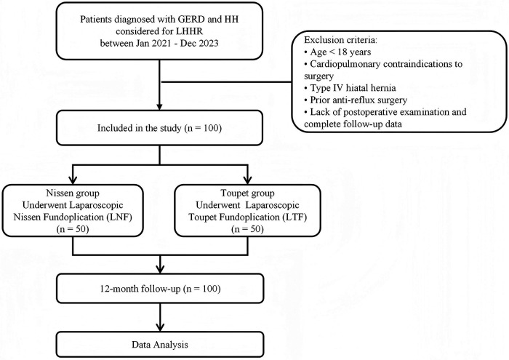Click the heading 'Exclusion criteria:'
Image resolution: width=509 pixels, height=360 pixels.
pos(340,40)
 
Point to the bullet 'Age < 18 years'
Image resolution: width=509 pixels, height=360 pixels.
pos(337,52)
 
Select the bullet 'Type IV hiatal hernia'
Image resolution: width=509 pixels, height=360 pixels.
pos(350,88)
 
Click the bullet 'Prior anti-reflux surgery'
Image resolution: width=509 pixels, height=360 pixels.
pos(356,100)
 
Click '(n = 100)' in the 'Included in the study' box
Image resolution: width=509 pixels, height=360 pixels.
pos(203,128)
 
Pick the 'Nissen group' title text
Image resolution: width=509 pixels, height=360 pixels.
pos(73,193)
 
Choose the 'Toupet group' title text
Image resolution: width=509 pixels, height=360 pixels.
pos(247,193)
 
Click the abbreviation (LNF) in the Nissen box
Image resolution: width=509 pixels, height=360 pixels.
pos(119,217)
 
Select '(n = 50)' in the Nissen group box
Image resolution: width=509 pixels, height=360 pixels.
pos(73,229)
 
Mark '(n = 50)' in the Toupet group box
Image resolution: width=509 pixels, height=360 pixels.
pos(247,229)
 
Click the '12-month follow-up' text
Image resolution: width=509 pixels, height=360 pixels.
pos(140,289)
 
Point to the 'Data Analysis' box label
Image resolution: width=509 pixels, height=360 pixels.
pos(160,345)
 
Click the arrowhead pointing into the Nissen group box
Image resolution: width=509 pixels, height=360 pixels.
pos(73,180)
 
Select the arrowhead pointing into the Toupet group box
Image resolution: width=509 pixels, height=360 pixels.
pos(248,180)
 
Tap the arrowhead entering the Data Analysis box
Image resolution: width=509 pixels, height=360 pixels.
pos(160,327)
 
